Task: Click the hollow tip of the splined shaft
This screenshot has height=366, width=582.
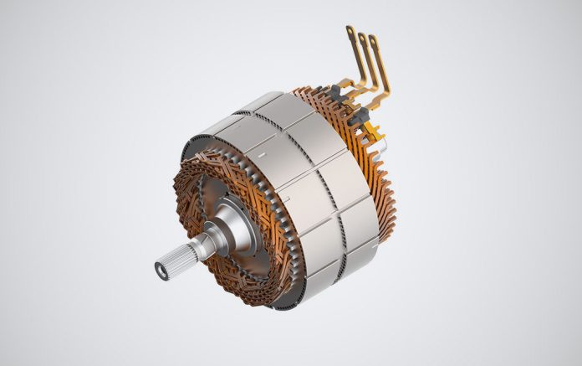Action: coord(160,270)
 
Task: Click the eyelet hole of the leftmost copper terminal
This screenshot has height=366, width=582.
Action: coord(349,30)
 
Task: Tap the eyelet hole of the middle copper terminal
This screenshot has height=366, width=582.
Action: coord(361,36)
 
